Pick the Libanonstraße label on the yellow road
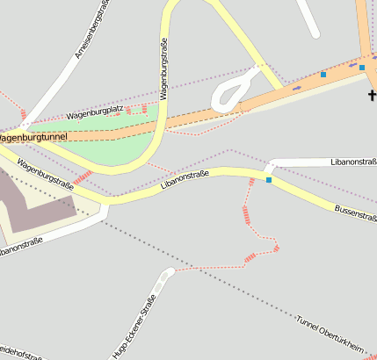coord(185,181)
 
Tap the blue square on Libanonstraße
coord(269,180)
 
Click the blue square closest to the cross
coord(361,68)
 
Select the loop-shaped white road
coord(233,90)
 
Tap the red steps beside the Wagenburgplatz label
coord(134,110)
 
